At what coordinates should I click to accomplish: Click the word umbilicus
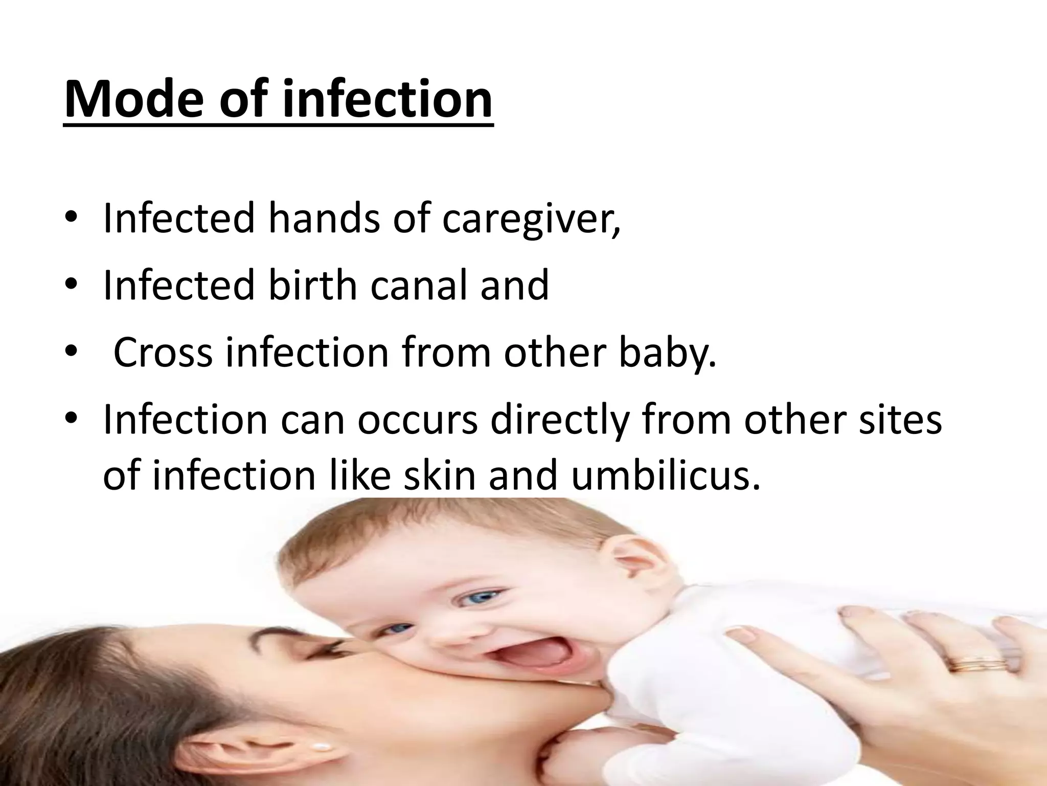[665, 474]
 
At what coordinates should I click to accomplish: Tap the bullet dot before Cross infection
[71, 354]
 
